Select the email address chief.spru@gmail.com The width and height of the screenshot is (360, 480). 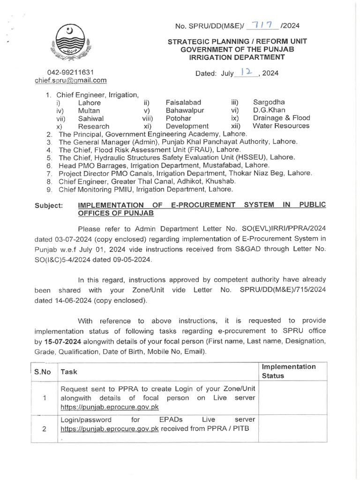coord(71,80)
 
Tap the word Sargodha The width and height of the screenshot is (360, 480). coord(269,102)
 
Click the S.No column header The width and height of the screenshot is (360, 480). coord(43,372)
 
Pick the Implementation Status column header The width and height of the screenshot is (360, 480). coord(289,371)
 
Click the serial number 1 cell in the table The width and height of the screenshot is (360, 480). coord(43,398)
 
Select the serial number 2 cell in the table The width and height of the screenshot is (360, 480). coord(43,428)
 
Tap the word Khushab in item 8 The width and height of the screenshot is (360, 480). coord(219,181)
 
